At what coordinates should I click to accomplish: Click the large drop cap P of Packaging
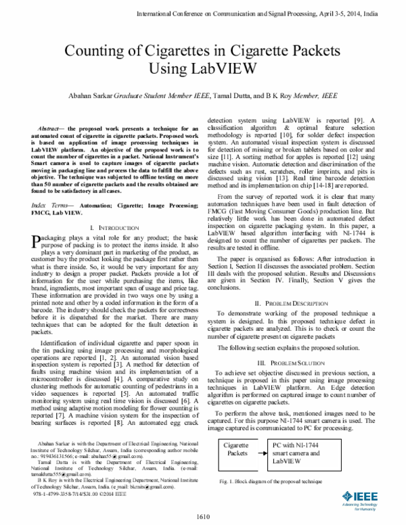point(37,223)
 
